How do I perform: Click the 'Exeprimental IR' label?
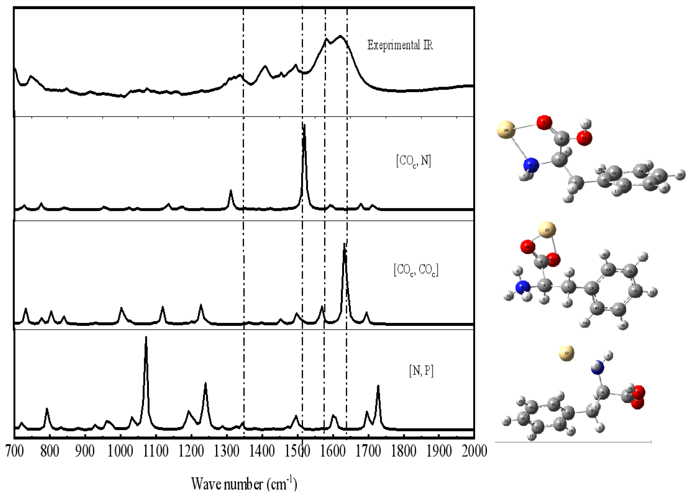click(x=400, y=45)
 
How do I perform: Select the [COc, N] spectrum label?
click(x=413, y=161)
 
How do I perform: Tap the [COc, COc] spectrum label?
click(x=415, y=270)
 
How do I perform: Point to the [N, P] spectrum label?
click(x=421, y=371)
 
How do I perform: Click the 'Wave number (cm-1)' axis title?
click(x=244, y=484)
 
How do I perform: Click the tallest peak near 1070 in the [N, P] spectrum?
click(x=146, y=338)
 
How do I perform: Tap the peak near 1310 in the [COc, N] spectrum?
click(x=231, y=191)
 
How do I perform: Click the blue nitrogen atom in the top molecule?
click(x=531, y=165)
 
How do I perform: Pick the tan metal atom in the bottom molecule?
click(x=566, y=353)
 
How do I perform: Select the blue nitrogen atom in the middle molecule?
click(x=523, y=288)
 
